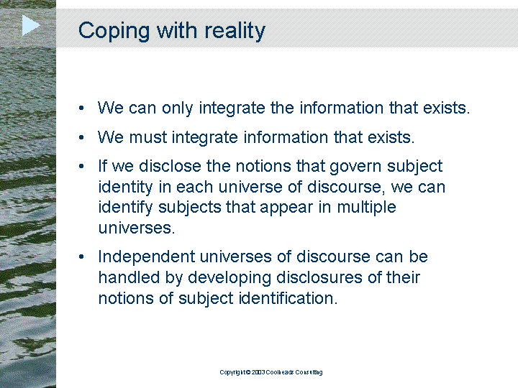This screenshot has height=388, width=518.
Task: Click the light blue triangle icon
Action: tap(31, 25)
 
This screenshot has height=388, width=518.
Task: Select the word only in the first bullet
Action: tap(177, 108)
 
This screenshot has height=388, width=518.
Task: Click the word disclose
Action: tap(170, 166)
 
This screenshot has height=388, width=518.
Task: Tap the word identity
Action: tap(125, 188)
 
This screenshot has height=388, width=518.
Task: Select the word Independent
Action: tap(147, 257)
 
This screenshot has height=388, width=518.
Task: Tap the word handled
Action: tap(129, 277)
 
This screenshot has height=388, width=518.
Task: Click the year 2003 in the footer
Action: tap(258, 372)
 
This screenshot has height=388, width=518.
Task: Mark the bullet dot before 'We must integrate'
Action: tap(81, 137)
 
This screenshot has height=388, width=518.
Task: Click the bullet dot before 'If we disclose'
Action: tap(81, 166)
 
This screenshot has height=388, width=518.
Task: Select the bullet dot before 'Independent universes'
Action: tap(81, 257)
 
